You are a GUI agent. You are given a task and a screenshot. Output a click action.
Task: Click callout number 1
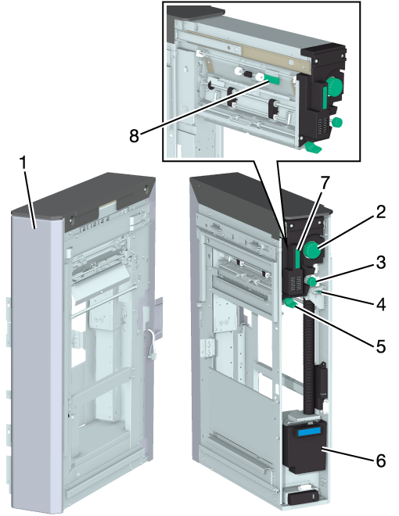pyautogui.click(x=23, y=163)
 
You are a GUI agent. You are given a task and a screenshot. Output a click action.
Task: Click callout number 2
pyautogui.click(x=380, y=212)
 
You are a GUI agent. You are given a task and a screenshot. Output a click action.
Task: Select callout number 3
pyautogui.click(x=380, y=263)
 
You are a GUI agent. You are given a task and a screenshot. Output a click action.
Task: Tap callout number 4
pyautogui.click(x=381, y=305)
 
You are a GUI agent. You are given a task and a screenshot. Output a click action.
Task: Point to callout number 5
pyautogui.click(x=381, y=346)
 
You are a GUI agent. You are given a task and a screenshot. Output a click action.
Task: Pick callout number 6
pyautogui.click(x=381, y=460)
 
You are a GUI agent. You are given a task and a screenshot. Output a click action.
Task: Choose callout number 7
pyautogui.click(x=325, y=183)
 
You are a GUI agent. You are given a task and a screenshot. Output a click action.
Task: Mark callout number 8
pyautogui.click(x=134, y=135)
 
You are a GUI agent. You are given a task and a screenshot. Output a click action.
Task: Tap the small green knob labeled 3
pyautogui.click(x=311, y=281)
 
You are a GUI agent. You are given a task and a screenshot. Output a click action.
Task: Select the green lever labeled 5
pyautogui.click(x=290, y=303)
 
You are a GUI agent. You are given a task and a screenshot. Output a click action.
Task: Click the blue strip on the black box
pyautogui.click(x=308, y=431)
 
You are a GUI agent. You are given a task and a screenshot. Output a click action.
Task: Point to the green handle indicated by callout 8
pyautogui.click(x=271, y=79)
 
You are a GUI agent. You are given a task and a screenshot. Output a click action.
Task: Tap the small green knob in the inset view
pyautogui.click(x=336, y=123)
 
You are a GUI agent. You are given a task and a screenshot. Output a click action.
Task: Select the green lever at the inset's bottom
pyautogui.click(x=313, y=147)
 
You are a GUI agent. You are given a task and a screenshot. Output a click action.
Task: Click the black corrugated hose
pyautogui.click(x=310, y=358)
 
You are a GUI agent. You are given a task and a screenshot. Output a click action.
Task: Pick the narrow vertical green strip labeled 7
pyautogui.click(x=297, y=258)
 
